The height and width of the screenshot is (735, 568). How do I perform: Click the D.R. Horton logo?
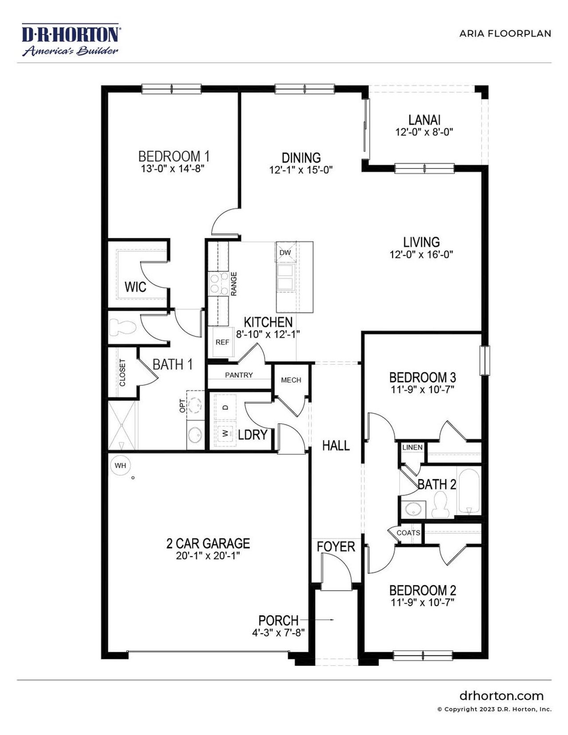click(70, 40)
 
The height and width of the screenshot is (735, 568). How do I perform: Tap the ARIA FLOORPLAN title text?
click(505, 34)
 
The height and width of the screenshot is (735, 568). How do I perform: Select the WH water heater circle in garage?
click(120, 466)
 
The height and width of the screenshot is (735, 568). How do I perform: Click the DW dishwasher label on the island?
click(285, 253)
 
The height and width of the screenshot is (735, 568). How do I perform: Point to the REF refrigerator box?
click(222, 342)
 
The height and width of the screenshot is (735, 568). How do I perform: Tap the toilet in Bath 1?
click(122, 328)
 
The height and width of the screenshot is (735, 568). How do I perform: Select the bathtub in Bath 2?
click(469, 491)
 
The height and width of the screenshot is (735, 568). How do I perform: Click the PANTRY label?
click(239, 375)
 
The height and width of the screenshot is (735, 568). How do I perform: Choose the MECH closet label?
click(291, 380)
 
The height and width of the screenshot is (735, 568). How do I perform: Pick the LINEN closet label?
click(412, 447)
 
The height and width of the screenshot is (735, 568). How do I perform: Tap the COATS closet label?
click(408, 533)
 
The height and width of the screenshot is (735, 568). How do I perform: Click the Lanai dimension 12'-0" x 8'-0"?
click(424, 132)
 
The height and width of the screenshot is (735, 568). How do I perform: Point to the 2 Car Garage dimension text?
click(208, 556)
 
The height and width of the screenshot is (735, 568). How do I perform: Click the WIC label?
click(135, 287)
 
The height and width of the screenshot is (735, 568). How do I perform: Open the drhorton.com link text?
click(501, 695)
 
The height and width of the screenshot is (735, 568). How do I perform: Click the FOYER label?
click(336, 547)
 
